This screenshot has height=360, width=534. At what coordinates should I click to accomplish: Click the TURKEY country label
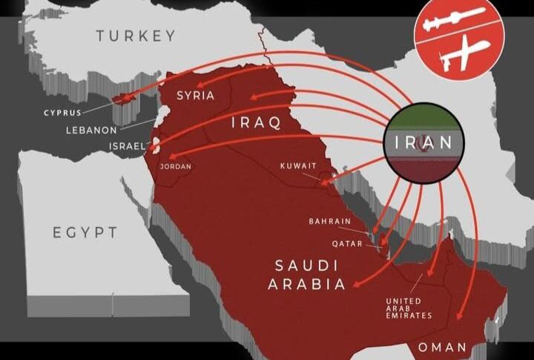tap(136, 36)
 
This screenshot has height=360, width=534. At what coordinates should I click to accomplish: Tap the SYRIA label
tap(195, 95)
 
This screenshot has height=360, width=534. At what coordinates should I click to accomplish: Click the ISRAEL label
tap(127, 146)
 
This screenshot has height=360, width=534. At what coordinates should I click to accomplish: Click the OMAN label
tap(442, 347)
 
